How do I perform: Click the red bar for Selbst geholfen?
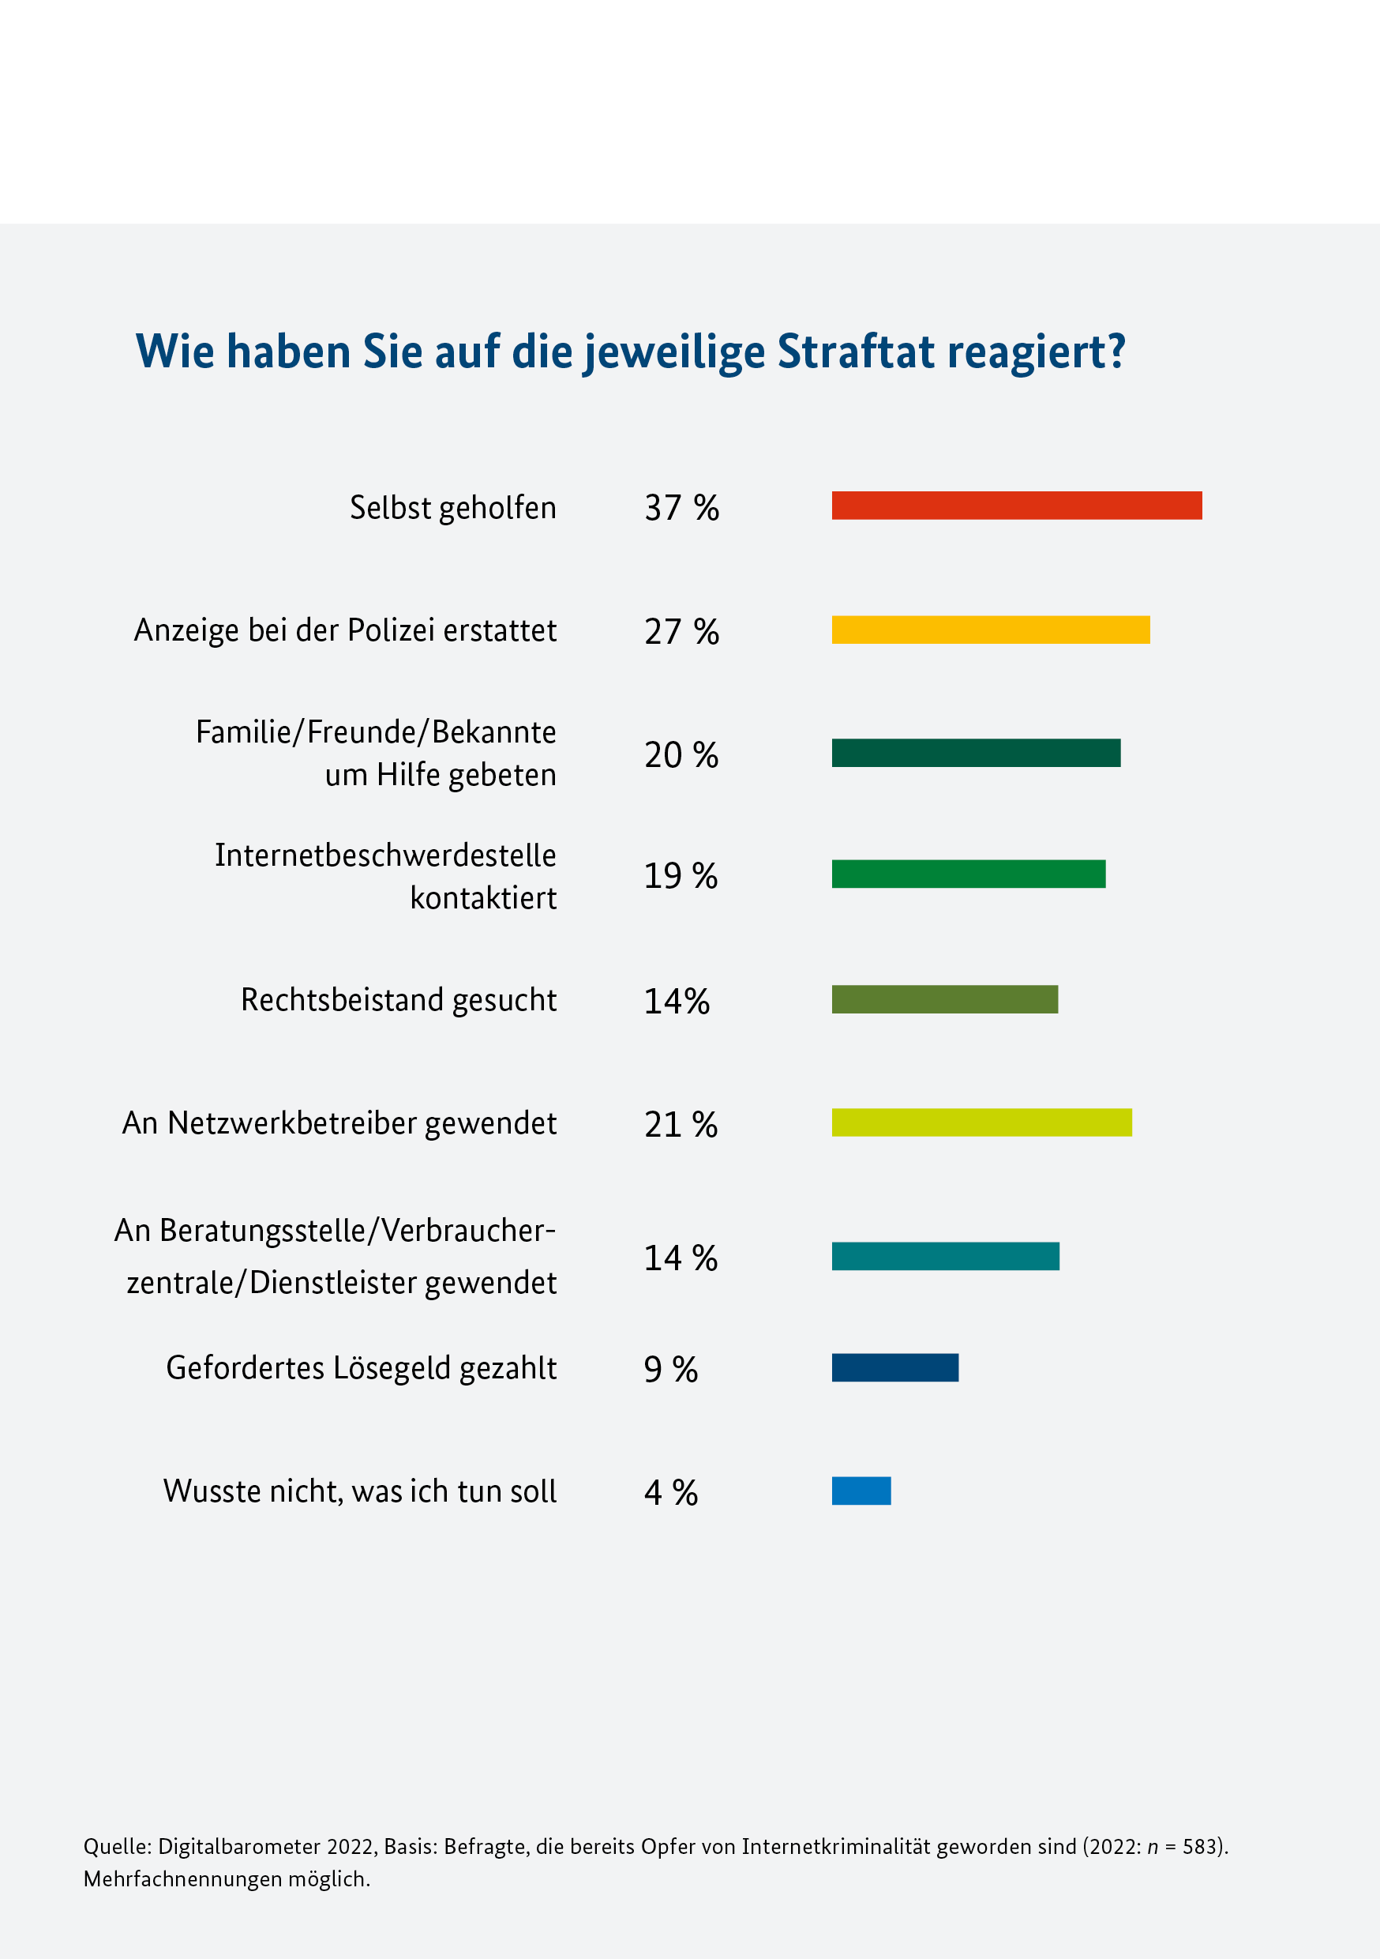tap(1017, 505)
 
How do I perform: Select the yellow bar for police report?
tap(990, 630)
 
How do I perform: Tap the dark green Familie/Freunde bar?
tap(976, 753)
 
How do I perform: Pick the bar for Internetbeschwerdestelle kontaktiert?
tap(968, 874)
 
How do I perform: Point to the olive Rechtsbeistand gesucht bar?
tap(944, 999)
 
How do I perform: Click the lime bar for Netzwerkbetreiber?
tap(981, 1122)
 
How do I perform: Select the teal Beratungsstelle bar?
tap(945, 1256)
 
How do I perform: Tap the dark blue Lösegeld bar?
tap(894, 1367)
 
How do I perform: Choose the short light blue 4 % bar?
tap(861, 1491)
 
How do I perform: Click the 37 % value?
tap(681, 508)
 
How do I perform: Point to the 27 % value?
tap(681, 631)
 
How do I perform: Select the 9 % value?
tap(670, 1370)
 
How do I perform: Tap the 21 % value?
tap(681, 1125)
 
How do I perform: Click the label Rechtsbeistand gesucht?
tap(399, 1000)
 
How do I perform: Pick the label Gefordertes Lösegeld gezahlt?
tap(361, 1367)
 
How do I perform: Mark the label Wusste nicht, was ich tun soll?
tap(359, 1491)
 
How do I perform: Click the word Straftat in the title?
tap(857, 351)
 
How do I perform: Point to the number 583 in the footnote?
tap(1199, 1846)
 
